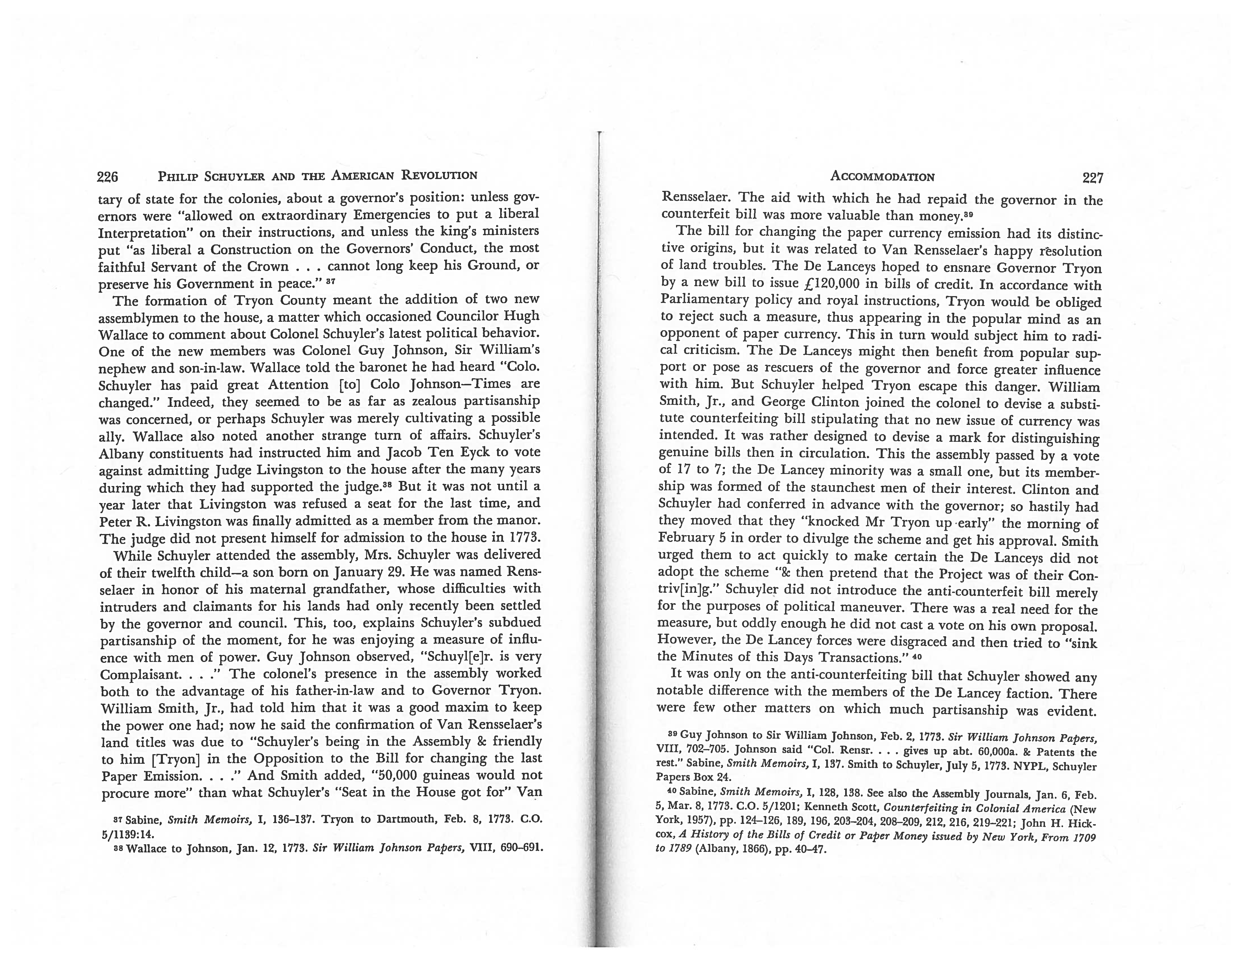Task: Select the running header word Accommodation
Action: point(882,176)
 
